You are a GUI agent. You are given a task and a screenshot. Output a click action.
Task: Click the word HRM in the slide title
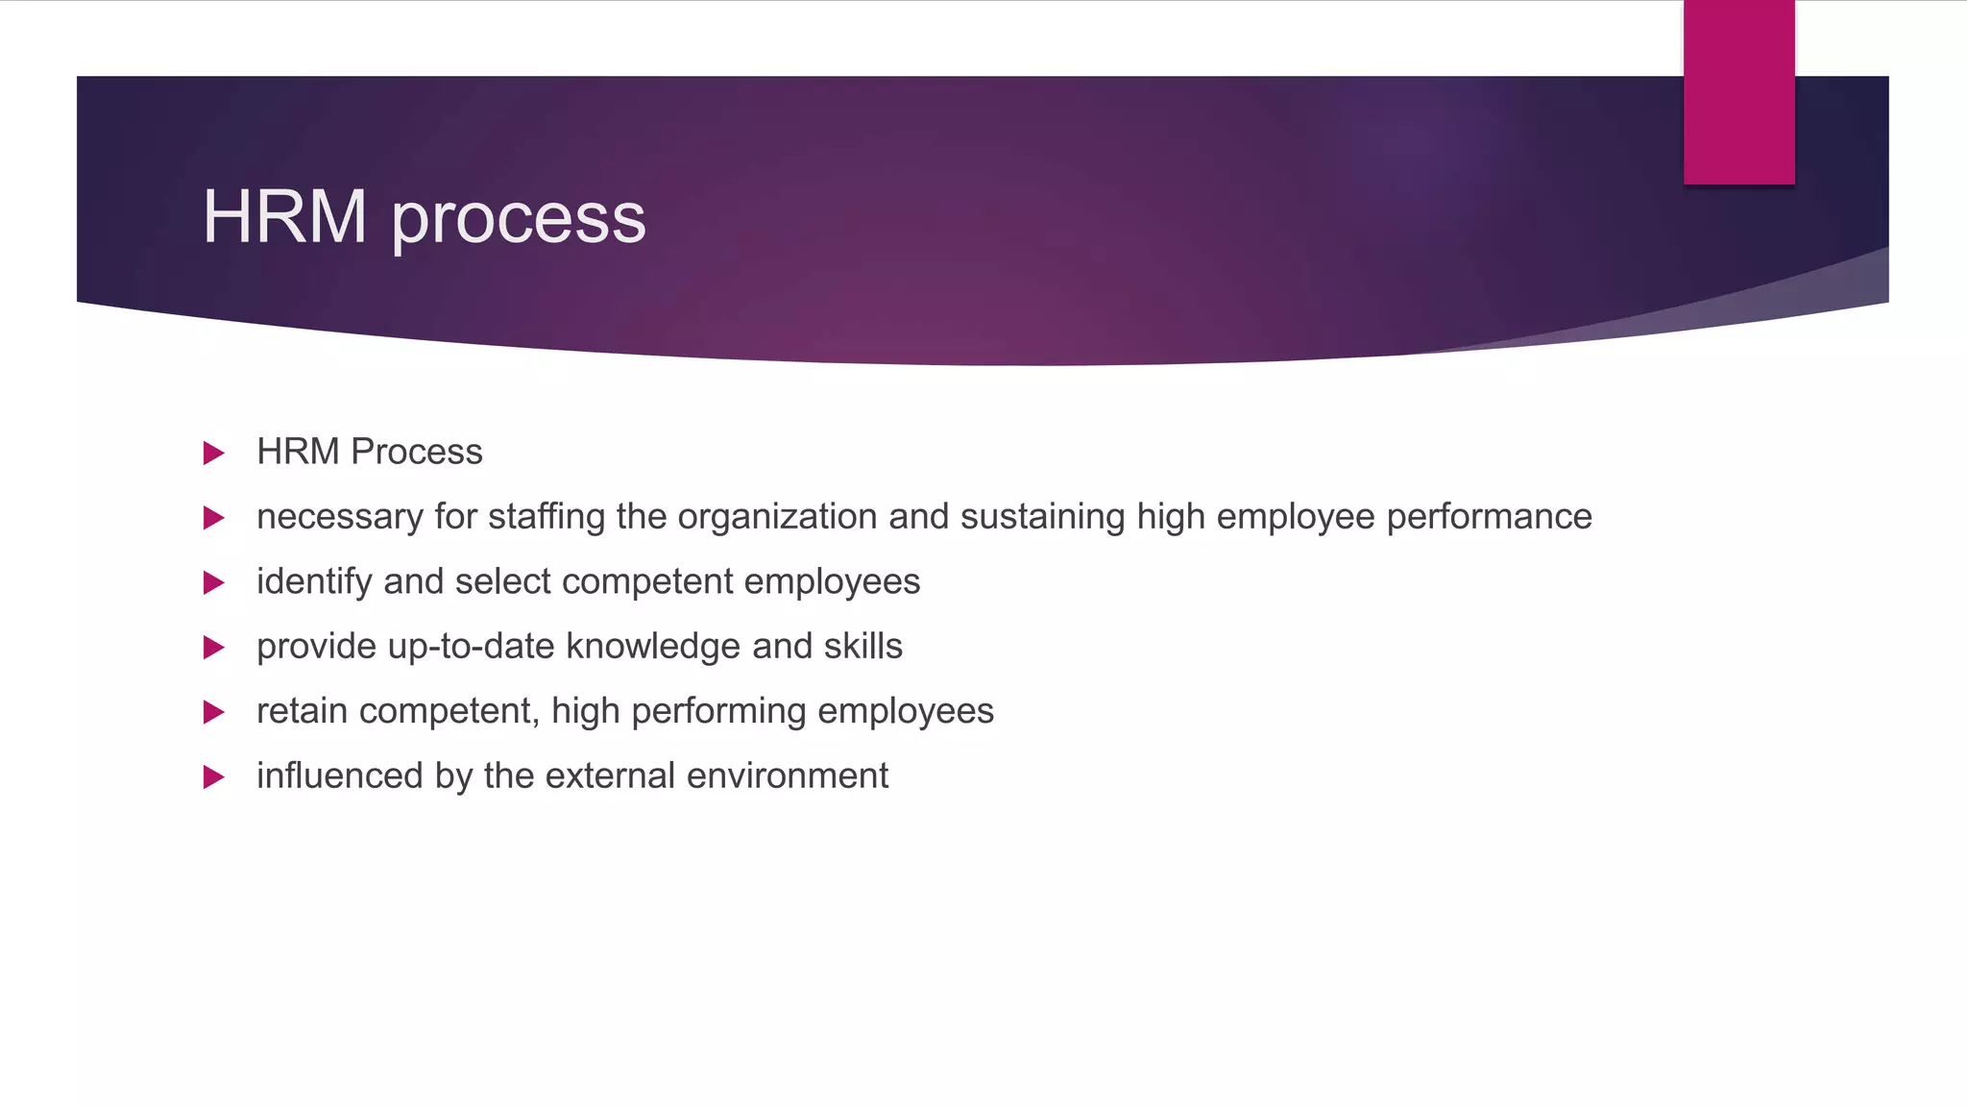(284, 217)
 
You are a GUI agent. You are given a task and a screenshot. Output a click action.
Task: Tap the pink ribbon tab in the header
(1738, 92)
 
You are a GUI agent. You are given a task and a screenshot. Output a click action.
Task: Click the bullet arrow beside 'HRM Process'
(214, 453)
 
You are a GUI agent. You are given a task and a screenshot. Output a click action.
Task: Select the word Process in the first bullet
(417, 452)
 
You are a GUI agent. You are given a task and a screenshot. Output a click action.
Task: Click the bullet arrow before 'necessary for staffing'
(214, 518)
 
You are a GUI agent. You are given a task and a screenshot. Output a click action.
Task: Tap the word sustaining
(1042, 517)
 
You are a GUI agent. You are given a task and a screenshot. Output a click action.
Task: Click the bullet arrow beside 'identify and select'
(214, 582)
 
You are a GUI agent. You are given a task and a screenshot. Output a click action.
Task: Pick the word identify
(314, 582)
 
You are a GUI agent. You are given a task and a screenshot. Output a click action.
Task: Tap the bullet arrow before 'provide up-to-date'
(214, 648)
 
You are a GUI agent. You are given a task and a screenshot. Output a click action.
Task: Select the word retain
(302, 711)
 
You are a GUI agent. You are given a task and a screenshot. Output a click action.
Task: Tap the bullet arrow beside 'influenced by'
(214, 776)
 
